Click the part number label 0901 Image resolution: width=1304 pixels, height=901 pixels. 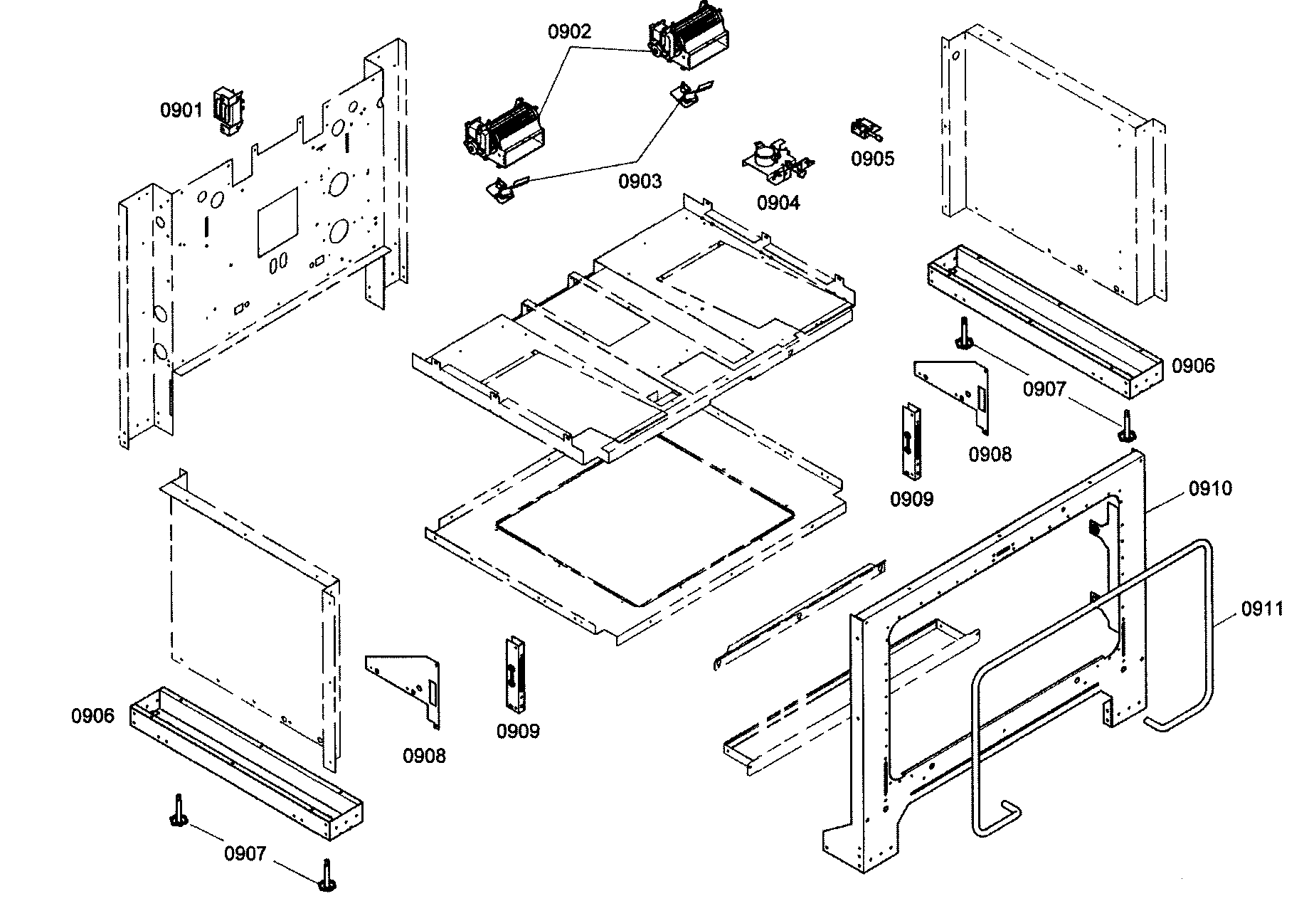coord(181,110)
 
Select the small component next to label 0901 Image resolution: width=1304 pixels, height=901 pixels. coord(229,111)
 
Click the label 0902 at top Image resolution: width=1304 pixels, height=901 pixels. coord(569,32)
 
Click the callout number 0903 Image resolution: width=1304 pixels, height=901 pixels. coord(640,181)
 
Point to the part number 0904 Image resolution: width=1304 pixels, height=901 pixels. coord(778,203)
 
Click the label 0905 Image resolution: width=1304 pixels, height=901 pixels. coord(873,158)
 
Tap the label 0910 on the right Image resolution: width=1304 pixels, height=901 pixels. coord(1210,488)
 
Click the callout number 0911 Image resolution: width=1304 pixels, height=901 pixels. coord(1263,608)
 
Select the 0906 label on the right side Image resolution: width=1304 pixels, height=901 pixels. coord(1193,366)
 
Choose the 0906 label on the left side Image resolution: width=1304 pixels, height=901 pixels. coord(92,715)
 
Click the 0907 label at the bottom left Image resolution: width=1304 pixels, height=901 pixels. coord(245,853)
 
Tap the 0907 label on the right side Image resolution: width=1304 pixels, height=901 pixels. coord(1044,389)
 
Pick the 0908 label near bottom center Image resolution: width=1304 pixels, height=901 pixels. coord(424,755)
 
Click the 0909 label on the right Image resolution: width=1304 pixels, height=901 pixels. coord(911,499)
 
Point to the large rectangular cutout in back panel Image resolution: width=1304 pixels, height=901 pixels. coord(277,221)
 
